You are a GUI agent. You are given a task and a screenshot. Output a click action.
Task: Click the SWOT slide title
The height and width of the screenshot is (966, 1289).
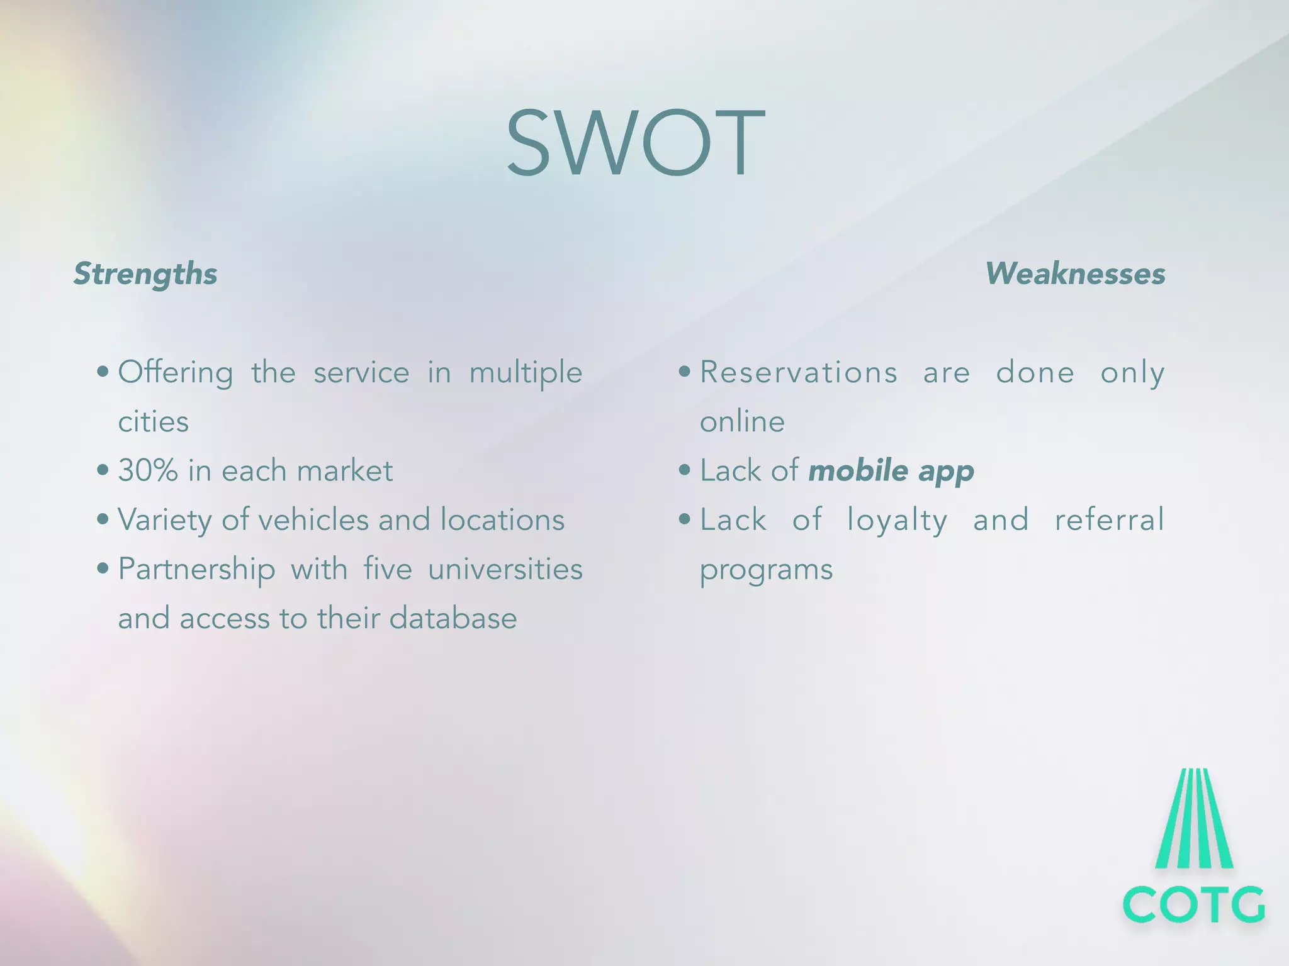[x=636, y=143]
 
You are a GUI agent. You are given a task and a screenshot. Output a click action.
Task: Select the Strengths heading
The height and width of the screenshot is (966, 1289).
[x=145, y=274]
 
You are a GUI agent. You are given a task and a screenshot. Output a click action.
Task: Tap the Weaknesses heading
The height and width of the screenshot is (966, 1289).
[x=1075, y=274]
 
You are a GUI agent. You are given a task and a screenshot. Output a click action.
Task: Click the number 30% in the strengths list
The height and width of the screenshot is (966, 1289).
[x=148, y=470]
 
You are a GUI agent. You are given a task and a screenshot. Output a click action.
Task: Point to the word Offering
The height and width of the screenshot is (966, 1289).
[x=176, y=372]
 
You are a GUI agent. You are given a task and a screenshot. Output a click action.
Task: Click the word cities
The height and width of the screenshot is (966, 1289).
[x=153, y=421]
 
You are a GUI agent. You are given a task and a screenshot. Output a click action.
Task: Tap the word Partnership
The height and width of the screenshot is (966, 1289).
[x=196, y=570]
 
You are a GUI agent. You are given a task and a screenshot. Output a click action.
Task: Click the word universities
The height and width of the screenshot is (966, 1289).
[x=505, y=569]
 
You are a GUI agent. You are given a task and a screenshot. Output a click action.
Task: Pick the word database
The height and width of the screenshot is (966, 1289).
[x=453, y=618]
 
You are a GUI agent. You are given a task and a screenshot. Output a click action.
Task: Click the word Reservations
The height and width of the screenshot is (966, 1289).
[x=799, y=372]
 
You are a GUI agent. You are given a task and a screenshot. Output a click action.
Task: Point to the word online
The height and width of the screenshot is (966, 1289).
[x=742, y=421]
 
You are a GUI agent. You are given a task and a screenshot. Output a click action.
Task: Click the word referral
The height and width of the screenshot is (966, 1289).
[x=1109, y=519]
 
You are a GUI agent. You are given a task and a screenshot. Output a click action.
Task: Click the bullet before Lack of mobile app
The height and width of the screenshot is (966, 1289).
[x=685, y=470]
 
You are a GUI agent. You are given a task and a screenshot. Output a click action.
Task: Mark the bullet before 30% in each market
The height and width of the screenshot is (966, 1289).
[x=103, y=470]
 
